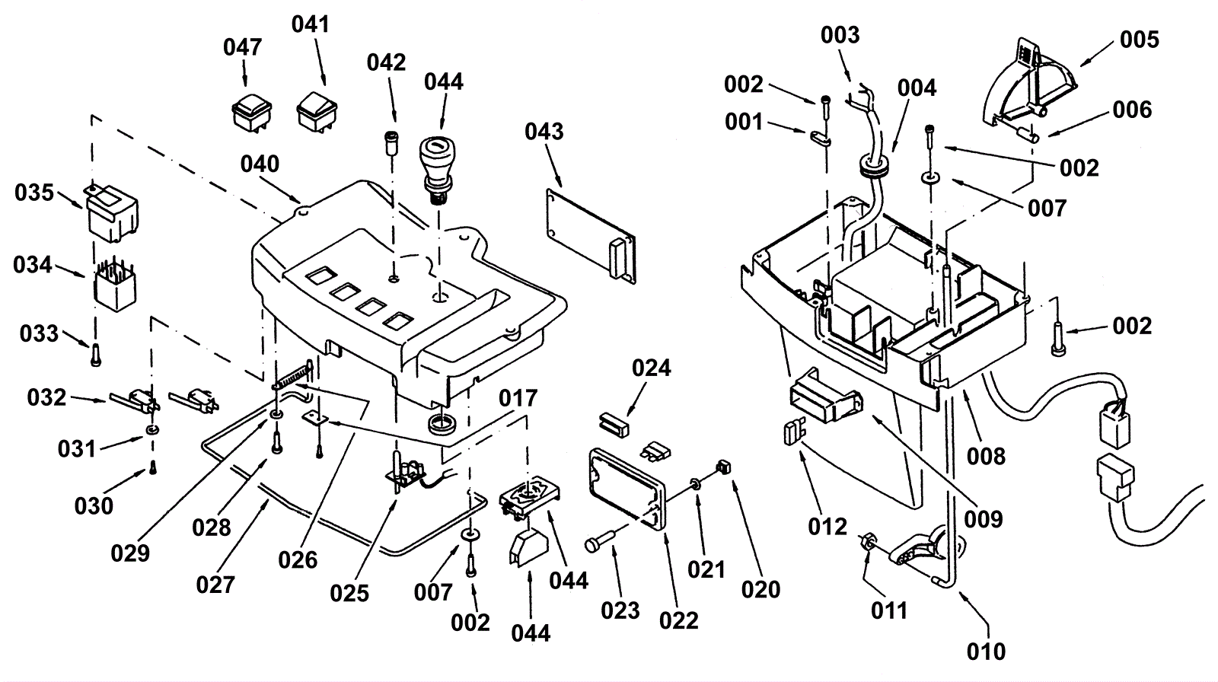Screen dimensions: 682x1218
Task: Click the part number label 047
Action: pos(243,47)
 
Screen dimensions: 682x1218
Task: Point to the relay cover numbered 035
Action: pos(113,209)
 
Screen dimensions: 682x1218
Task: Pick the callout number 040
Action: pos(260,164)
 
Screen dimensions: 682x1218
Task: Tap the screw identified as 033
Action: pos(95,354)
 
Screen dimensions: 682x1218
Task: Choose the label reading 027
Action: pos(215,585)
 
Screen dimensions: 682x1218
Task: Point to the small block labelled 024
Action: pos(614,422)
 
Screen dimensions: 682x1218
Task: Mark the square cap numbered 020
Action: pos(725,467)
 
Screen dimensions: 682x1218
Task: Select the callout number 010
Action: pos(987,652)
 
